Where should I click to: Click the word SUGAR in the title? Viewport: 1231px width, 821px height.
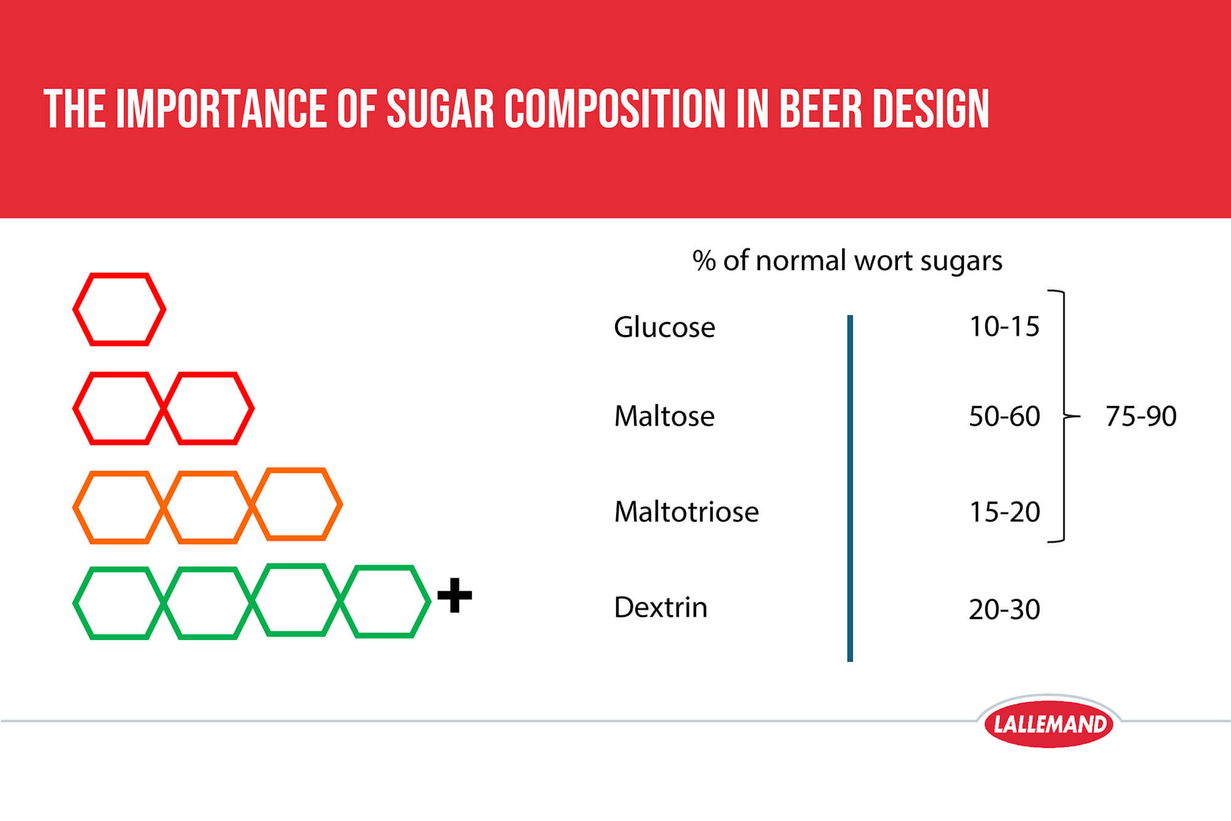pyautogui.click(x=441, y=109)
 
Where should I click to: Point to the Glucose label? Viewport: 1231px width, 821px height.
pyautogui.click(x=664, y=327)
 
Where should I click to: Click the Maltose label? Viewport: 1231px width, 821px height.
pyautogui.click(x=664, y=416)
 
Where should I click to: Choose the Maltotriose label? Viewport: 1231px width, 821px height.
pyautogui.click(x=686, y=512)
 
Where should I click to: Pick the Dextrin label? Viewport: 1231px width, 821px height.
pyautogui.click(x=660, y=607)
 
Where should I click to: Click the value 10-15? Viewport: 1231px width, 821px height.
pyautogui.click(x=1004, y=326)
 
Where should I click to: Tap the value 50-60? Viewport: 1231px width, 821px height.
pyautogui.click(x=1004, y=416)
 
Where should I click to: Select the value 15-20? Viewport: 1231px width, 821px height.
pyautogui.click(x=1004, y=512)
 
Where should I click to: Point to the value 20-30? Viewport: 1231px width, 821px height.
pyautogui.click(x=1004, y=610)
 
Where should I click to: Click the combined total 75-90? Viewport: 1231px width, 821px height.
pyautogui.click(x=1141, y=416)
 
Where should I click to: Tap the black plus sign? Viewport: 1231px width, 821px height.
pyautogui.click(x=455, y=595)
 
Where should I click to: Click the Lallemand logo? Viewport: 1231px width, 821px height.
pyautogui.click(x=1049, y=724)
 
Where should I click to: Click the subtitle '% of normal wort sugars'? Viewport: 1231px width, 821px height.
pyautogui.click(x=848, y=261)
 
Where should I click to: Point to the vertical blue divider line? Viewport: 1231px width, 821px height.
pyautogui.click(x=850, y=488)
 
